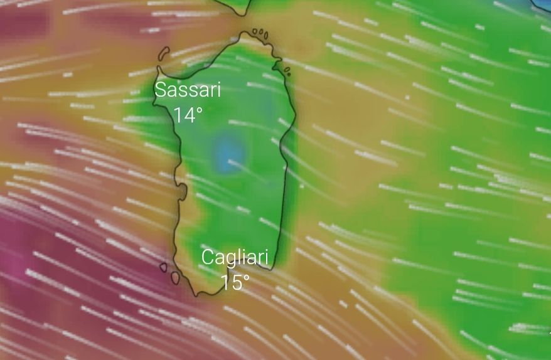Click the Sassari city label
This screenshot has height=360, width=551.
188,90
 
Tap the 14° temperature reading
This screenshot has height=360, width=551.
188,115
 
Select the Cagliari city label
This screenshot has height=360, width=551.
235,257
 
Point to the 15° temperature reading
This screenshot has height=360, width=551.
235,282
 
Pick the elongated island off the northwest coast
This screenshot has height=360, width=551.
164,53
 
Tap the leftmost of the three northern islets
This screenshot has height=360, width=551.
255,31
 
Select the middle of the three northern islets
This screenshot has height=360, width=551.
260,33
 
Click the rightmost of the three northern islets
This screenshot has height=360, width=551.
265,35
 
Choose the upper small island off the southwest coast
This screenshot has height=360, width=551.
163,267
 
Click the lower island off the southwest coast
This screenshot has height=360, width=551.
175,277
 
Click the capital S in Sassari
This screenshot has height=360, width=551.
161,90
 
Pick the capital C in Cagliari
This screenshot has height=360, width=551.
208,257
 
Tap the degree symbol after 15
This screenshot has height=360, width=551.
246,277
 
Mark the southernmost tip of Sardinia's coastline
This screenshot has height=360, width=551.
199,295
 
